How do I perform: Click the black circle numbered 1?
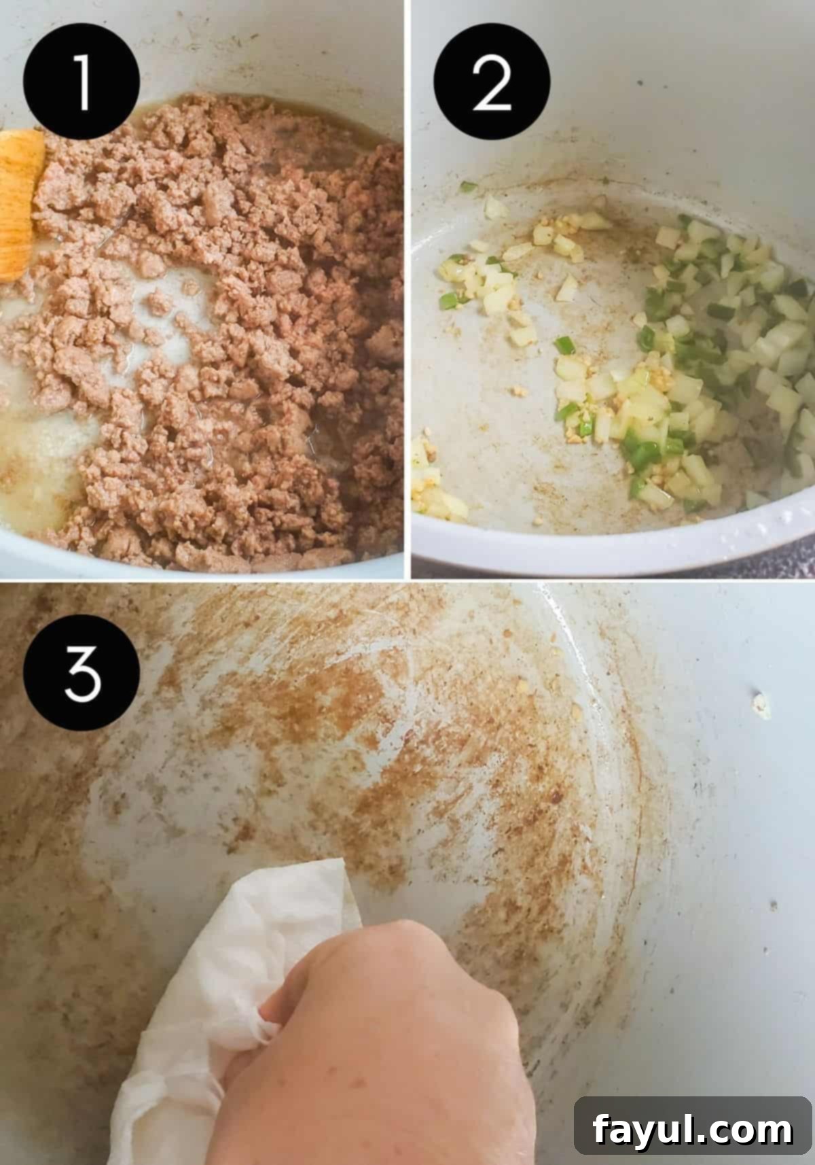pos(82,81)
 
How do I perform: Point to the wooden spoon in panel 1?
pos(19,204)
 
